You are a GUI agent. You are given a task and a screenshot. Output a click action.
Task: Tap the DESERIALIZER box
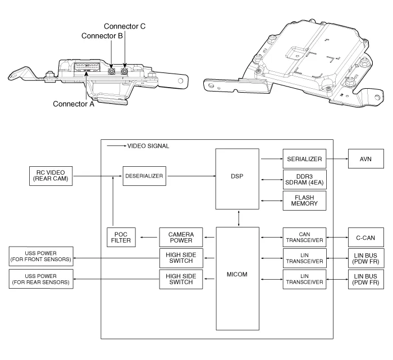tap(144, 176)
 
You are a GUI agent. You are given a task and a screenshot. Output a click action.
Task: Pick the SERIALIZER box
tap(303, 160)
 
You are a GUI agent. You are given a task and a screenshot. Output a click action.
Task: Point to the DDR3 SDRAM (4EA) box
tap(303, 181)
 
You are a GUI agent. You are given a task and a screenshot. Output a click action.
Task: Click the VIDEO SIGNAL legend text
tap(148, 146)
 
